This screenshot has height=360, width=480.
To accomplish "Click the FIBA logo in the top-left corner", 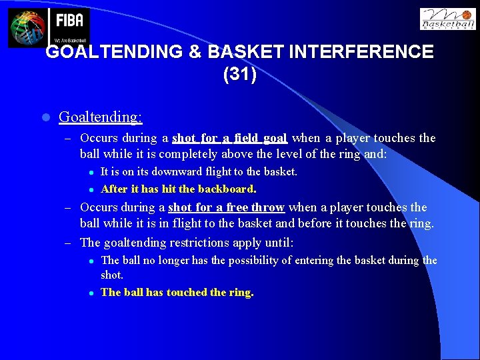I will point(48,27).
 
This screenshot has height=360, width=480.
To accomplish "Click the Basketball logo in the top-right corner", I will point(447,19).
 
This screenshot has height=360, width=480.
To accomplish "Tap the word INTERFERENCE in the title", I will point(356,52).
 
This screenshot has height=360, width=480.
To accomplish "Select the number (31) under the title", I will point(239,74).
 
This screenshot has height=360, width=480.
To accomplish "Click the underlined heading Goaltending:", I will point(100,117).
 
